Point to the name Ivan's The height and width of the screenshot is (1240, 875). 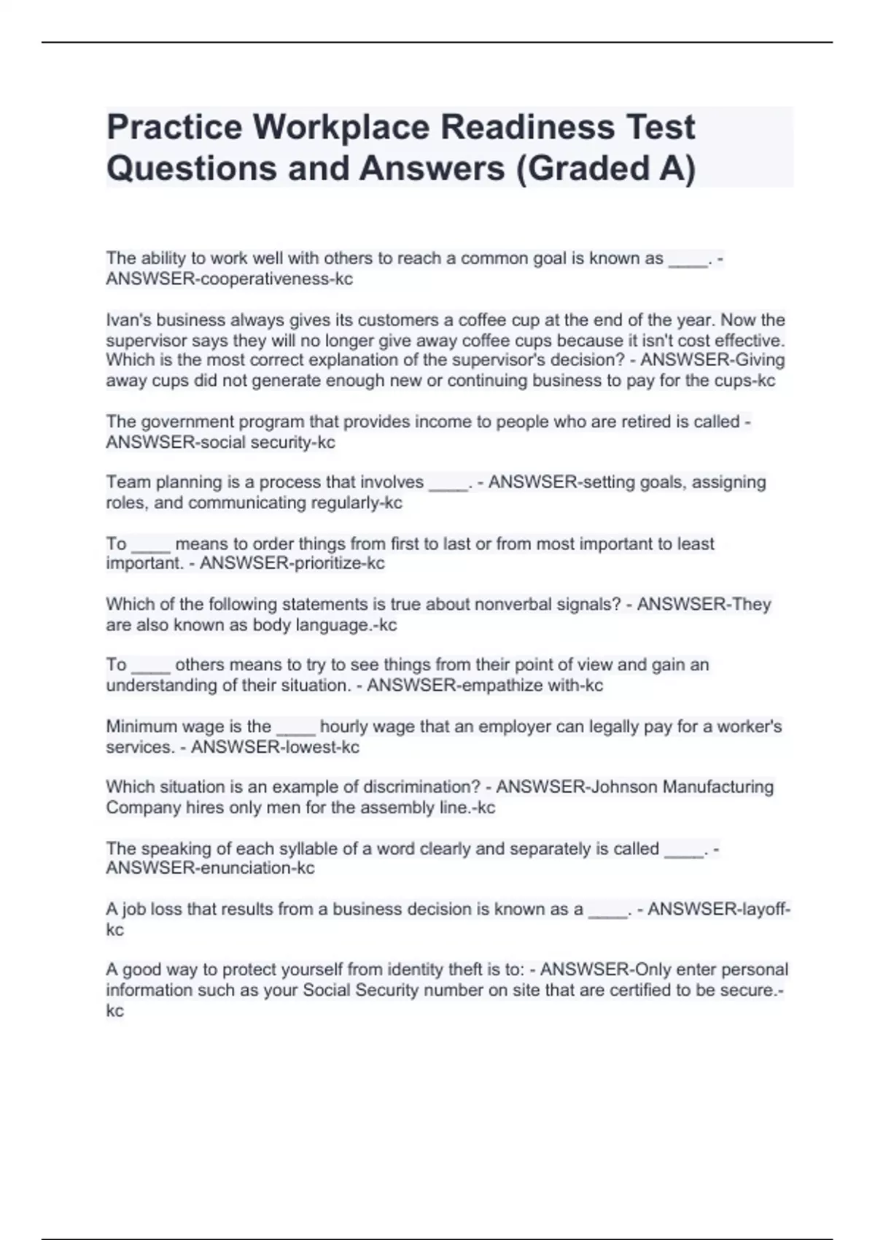point(128,320)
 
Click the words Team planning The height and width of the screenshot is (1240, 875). point(164,482)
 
